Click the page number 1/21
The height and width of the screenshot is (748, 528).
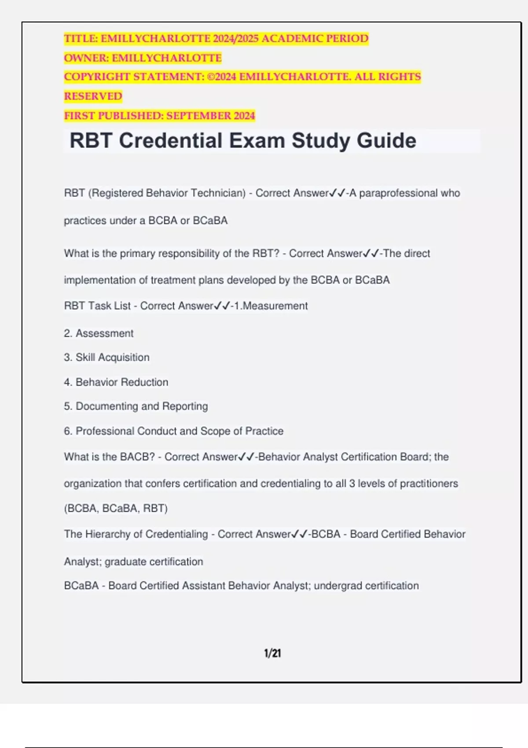pos(272,653)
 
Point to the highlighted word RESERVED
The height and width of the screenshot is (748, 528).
pos(93,96)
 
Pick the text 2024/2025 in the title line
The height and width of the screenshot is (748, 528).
pos(235,39)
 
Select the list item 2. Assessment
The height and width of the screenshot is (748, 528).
pos(99,333)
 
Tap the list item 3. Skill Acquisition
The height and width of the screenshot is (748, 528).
pos(106,357)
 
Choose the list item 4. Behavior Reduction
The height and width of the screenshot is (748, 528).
pos(116,382)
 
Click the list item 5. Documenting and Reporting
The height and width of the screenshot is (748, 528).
pos(136,406)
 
